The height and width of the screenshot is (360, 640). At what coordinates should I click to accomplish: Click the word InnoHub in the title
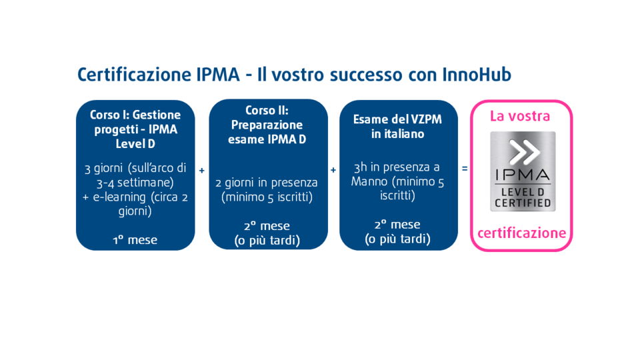pos(477,75)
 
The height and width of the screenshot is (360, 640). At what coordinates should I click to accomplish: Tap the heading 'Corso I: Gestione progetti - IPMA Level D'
pos(135,129)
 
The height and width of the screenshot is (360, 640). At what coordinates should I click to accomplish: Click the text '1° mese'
pos(135,240)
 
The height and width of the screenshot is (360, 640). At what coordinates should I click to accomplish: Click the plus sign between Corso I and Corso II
pos(202,171)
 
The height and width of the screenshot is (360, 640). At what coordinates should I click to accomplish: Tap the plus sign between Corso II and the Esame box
pos(333,171)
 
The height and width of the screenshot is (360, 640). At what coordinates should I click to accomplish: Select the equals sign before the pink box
pos(465,169)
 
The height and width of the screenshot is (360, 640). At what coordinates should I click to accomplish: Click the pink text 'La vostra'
pos(520,117)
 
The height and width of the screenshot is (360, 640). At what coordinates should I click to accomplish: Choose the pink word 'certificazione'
pos(521,233)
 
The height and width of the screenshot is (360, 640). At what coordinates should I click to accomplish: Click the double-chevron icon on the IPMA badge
pos(522,153)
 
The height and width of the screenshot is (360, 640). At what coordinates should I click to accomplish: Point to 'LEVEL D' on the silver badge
pos(522,192)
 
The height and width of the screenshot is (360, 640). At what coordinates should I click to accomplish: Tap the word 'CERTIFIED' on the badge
pos(522,203)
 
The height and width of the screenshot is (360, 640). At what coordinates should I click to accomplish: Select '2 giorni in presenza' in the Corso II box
pos(267,183)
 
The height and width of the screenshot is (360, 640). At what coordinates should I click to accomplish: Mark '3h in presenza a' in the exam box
pos(397,167)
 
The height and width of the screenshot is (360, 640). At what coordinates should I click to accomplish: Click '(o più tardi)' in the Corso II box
pos(267,240)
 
